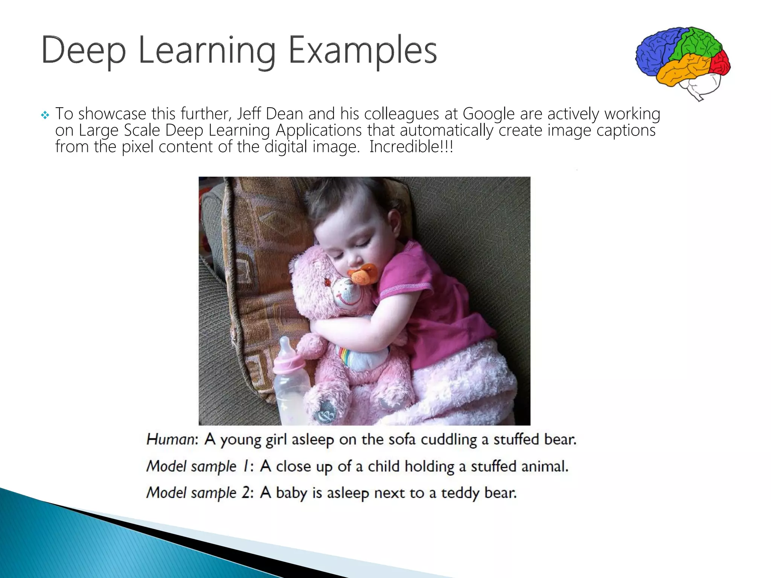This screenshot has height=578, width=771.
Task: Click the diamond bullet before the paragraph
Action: pyautogui.click(x=45, y=115)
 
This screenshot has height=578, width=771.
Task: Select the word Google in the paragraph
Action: pyautogui.click(x=488, y=114)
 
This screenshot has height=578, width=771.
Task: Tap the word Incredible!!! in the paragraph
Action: pyautogui.click(x=411, y=147)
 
